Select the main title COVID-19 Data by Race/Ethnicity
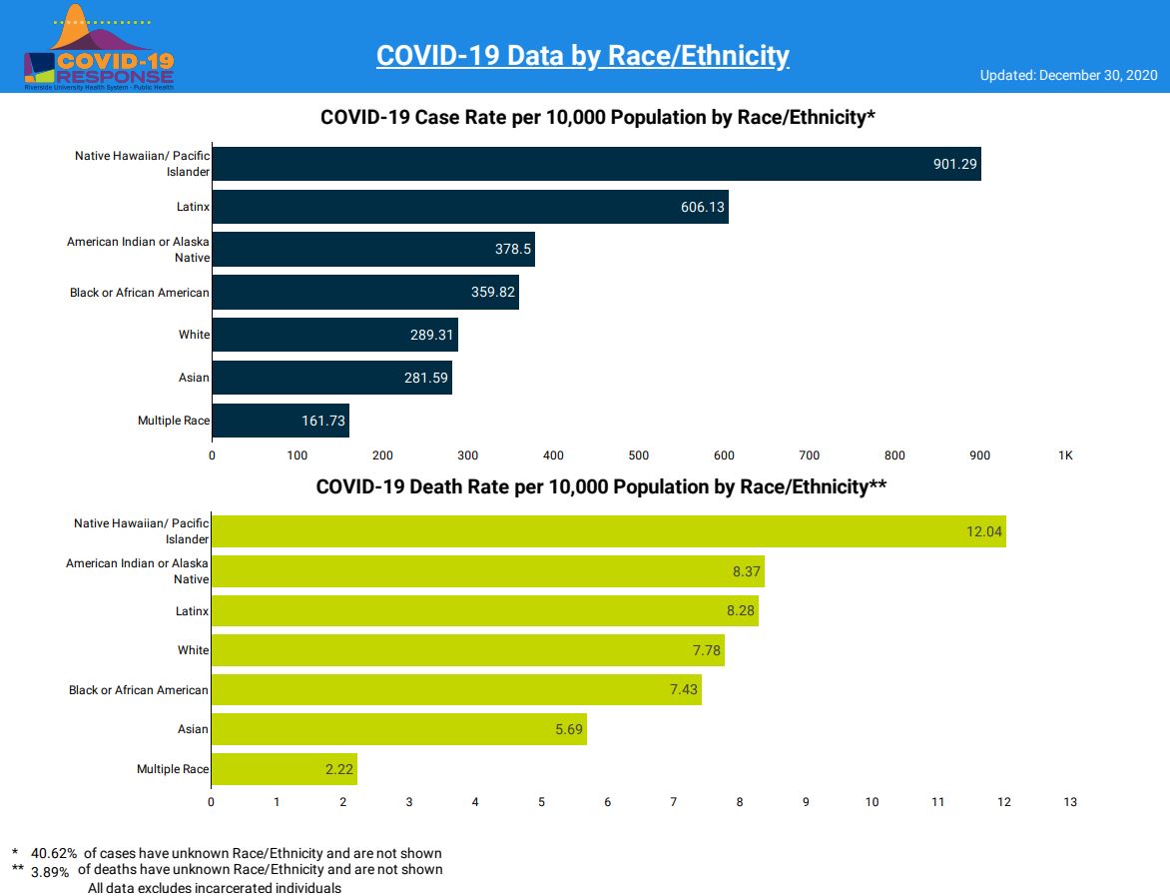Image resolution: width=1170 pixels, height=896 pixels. coord(582,56)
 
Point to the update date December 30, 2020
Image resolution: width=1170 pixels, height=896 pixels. coord(1068,76)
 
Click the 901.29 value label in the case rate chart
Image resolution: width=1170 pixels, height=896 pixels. coord(954,164)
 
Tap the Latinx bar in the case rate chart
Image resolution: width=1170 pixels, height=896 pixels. coord(469,207)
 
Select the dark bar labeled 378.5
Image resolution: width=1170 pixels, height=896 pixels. coord(373,250)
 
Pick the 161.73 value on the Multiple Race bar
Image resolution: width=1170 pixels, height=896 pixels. coord(323,421)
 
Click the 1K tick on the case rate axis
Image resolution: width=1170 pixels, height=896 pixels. coord(1065,455)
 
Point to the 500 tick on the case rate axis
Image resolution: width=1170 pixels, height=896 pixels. coord(639,455)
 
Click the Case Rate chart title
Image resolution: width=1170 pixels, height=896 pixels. coord(597,118)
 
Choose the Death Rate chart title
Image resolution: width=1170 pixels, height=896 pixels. coord(601,487)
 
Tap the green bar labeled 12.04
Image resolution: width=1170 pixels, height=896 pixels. coord(608,531)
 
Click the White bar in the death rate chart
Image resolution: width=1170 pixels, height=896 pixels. coord(467,650)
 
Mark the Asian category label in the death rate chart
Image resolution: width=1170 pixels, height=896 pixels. coord(193,729)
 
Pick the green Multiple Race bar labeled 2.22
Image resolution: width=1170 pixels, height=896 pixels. coord(284,769)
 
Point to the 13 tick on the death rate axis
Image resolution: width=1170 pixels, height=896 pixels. coord(1070,802)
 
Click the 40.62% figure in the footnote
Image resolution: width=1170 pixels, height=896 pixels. coord(54,854)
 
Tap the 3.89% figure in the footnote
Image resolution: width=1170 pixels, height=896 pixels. coord(50,871)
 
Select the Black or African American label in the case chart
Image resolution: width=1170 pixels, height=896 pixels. coord(140,293)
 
